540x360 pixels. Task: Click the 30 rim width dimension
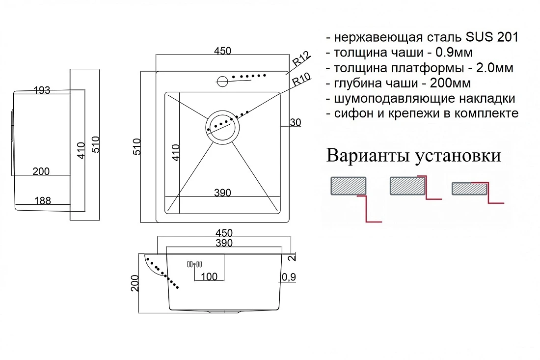[x=295, y=122]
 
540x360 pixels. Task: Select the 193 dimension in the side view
[x=42, y=90]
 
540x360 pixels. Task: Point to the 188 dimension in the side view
[x=43, y=200]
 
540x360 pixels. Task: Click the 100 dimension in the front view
[x=209, y=277]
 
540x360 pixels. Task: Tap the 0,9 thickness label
[x=289, y=277]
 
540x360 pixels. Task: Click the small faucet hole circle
[x=222, y=82]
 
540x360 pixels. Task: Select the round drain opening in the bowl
[x=222, y=127]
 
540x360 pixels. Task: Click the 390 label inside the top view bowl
[x=222, y=193]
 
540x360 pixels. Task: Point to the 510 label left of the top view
[x=137, y=146]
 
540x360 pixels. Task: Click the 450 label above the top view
[x=222, y=51]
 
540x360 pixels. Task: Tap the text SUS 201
[x=492, y=37]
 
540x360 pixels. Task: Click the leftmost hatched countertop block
[x=348, y=186]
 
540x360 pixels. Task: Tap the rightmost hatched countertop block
[x=469, y=189]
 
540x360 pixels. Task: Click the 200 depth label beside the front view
[x=135, y=283]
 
